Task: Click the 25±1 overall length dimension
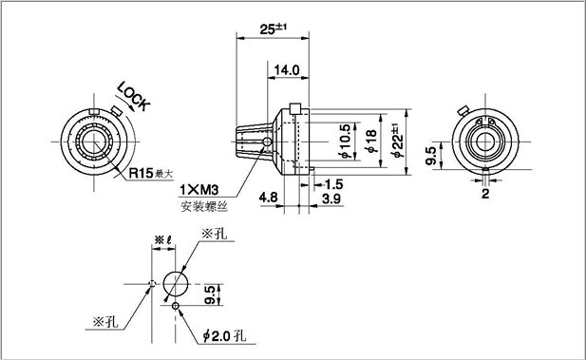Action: click(274, 29)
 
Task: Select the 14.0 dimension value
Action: click(287, 70)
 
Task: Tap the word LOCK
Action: click(133, 97)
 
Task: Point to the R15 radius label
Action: click(141, 173)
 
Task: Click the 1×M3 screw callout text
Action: click(198, 190)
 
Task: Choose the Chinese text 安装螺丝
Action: click(204, 206)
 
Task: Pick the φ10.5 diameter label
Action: click(347, 142)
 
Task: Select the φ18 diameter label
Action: click(372, 142)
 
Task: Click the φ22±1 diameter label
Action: click(397, 142)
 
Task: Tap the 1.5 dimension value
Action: click(333, 184)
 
